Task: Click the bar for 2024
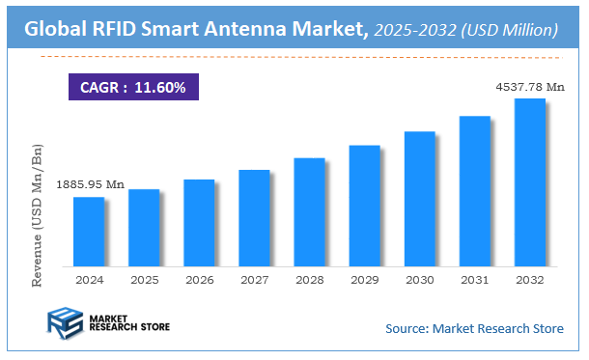coord(88,232)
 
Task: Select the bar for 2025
coord(143,228)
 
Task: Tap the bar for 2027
coord(254,218)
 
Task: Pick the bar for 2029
coord(364,206)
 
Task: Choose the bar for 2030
coord(419,199)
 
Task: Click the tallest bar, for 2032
coord(529,182)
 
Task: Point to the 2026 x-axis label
coord(199,279)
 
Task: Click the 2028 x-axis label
coord(309,279)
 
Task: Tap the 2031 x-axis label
coord(474,279)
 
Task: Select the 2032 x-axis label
coord(529,279)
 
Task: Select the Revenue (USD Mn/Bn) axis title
coord(38,218)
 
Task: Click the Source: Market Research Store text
coord(474,329)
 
